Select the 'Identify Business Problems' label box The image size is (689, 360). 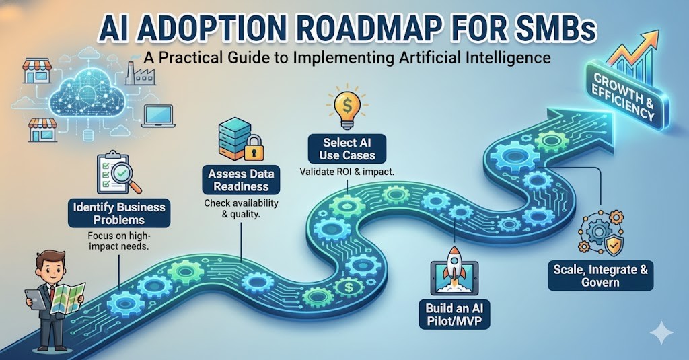coord(120,213)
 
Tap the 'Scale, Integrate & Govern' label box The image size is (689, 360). coord(600,276)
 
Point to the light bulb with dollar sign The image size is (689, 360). coord(347,108)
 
